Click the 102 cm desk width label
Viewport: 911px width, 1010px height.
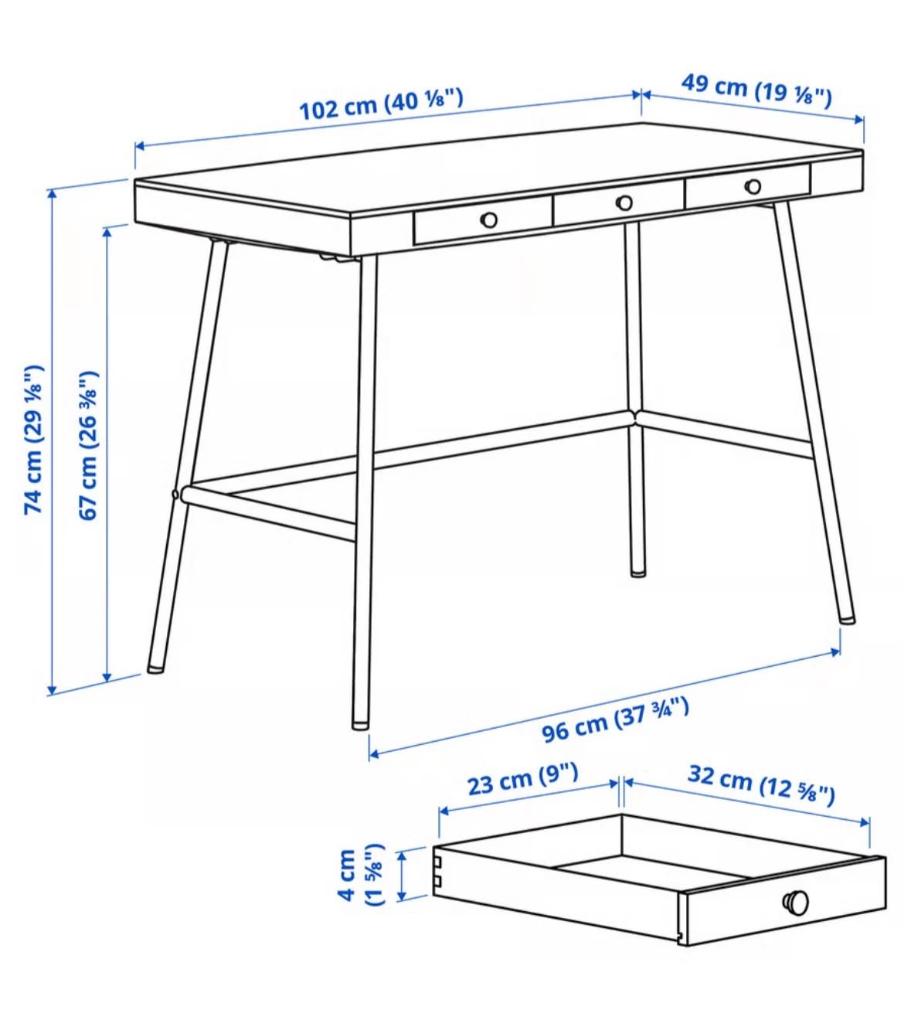coord(381,104)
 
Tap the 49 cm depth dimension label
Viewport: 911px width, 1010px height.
coord(756,90)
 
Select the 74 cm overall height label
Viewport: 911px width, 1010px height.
coord(34,440)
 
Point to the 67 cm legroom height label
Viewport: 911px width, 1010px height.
coord(89,446)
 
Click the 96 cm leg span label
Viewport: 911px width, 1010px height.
coord(615,720)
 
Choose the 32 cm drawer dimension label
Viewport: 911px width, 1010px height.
coord(761,784)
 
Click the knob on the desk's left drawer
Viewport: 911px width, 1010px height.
coord(488,219)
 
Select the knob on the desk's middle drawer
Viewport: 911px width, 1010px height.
coord(624,203)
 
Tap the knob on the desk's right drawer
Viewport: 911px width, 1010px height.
coord(753,187)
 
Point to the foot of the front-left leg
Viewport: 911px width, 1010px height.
coord(155,669)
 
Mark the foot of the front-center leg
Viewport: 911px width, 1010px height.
coord(360,726)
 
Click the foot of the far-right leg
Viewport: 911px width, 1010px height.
coord(847,620)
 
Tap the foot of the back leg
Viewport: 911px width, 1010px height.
coord(638,573)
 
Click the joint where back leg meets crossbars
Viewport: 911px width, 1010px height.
coord(635,417)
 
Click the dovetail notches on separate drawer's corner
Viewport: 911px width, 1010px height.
coord(437,872)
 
